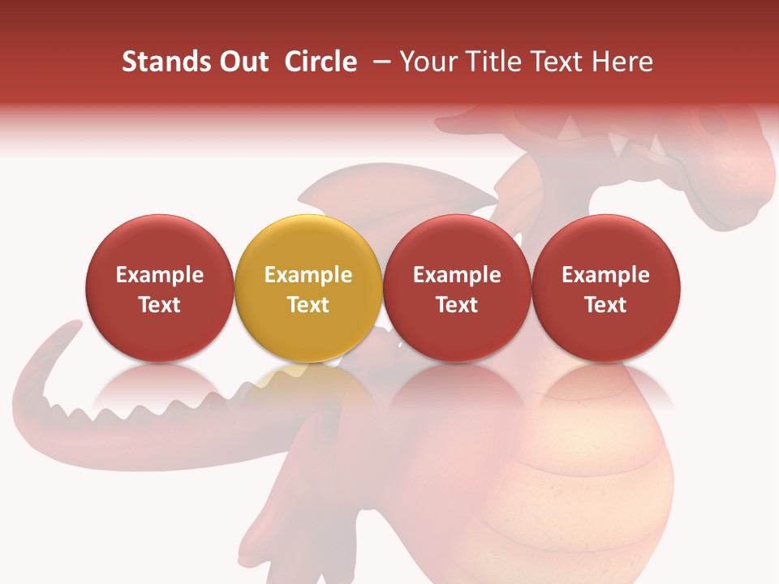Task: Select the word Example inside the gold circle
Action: [308, 275]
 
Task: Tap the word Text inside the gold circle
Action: [308, 305]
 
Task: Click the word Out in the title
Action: [241, 62]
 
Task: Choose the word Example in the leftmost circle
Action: [159, 275]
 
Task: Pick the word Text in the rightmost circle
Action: [605, 305]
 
